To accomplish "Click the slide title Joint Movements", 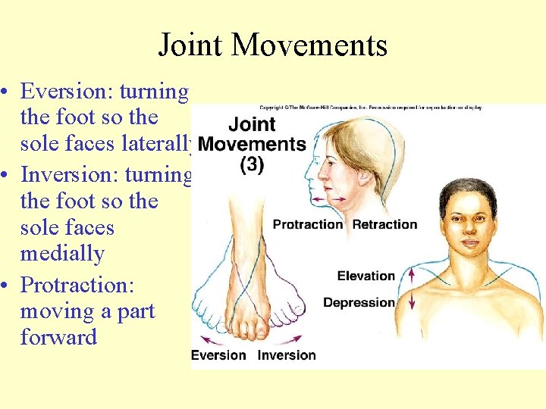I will [272, 45].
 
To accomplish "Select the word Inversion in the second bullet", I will [67, 174].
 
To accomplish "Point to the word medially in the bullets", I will [62, 254].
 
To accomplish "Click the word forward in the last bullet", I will [58, 337].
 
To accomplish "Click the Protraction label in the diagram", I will [308, 224].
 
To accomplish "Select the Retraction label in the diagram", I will [384, 224].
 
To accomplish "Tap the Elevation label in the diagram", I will [366, 276].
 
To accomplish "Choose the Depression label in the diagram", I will [359, 303].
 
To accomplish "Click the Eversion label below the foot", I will [218, 355].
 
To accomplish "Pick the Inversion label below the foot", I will [287, 355].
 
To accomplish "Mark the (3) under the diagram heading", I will [252, 164].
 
